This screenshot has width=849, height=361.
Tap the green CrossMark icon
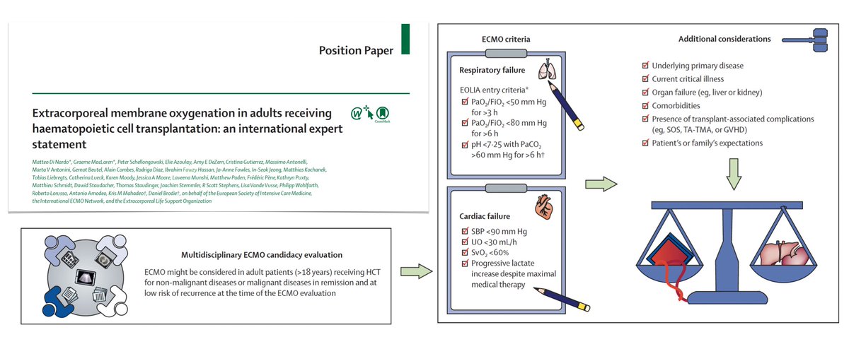click(382, 114)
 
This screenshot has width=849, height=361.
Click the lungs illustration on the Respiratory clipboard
click(545, 71)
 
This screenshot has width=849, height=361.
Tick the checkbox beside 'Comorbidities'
click(645, 105)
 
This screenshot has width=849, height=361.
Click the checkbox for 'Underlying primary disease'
click(645, 65)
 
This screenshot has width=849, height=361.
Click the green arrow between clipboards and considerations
click(601, 184)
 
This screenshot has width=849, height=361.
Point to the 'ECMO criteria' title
click(504, 40)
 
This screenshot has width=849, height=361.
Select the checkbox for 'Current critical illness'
click(645, 78)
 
